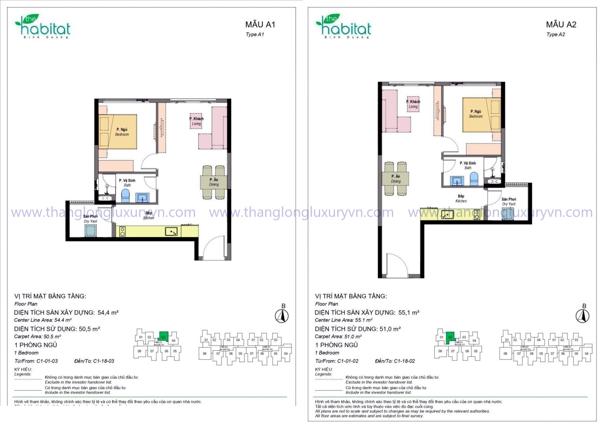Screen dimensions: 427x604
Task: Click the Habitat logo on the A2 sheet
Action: click(x=343, y=27)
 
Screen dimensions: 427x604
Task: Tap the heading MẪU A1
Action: click(x=260, y=24)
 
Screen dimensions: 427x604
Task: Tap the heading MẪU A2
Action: click(x=561, y=24)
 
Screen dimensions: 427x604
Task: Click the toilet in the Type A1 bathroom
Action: click(x=125, y=195)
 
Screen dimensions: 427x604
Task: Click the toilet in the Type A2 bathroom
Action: click(x=474, y=179)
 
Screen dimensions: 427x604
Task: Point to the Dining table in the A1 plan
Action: click(x=214, y=182)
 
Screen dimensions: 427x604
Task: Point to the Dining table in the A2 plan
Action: click(x=396, y=179)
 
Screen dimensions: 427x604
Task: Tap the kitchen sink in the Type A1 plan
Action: click(x=171, y=232)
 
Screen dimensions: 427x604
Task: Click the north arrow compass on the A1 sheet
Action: click(x=282, y=316)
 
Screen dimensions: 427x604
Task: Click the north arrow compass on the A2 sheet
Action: click(x=582, y=316)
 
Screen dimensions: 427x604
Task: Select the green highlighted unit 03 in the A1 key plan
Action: click(x=163, y=337)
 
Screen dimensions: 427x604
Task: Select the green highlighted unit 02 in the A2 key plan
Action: click(x=450, y=337)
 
